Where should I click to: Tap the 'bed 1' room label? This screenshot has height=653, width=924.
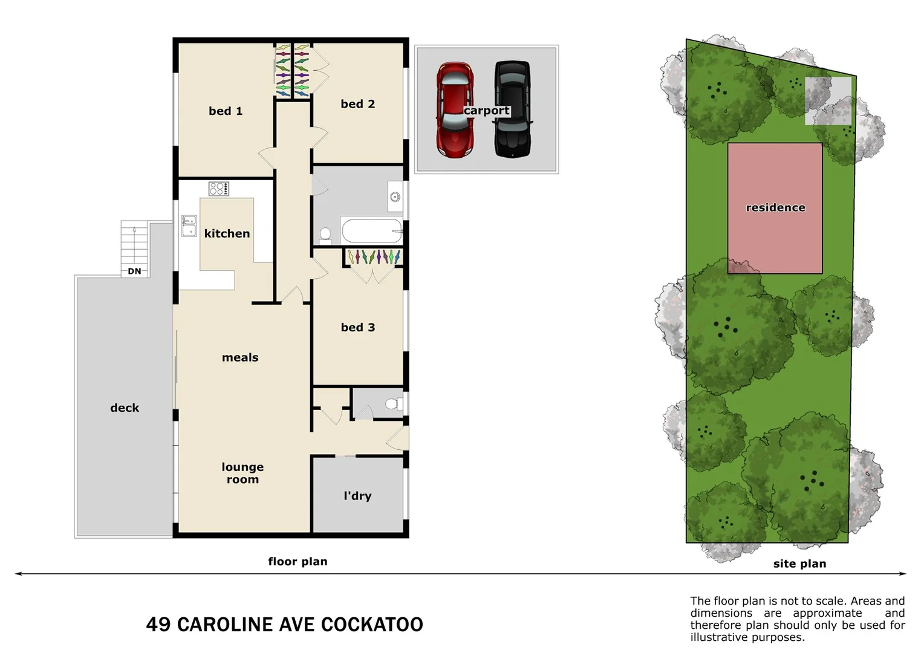pos(226,111)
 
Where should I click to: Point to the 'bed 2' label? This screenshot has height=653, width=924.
pos(357,104)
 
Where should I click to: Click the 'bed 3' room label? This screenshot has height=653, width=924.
pos(357,327)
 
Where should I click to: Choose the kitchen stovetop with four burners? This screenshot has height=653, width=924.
pos(218,189)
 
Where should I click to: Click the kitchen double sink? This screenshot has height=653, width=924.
pos(189,226)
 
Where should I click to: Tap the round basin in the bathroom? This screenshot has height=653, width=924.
pos(395,197)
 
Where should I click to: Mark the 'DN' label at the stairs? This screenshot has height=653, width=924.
pos(134,271)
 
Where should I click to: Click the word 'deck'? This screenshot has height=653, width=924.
pos(125,408)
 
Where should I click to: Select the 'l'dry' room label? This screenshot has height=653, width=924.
pos(357,496)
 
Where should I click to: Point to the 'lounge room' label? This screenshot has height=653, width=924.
pos(242,473)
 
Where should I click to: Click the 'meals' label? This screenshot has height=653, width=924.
pos(240,357)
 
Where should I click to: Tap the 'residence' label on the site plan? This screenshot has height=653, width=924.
pos(775,207)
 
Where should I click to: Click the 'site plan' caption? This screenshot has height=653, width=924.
pos(799,564)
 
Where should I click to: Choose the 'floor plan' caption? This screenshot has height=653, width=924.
pos(298,562)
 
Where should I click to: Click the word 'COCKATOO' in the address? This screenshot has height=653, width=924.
pos(372,625)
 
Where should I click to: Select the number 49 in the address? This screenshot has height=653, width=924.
pos(158,625)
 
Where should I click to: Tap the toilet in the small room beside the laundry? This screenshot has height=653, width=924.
pos(394,403)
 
